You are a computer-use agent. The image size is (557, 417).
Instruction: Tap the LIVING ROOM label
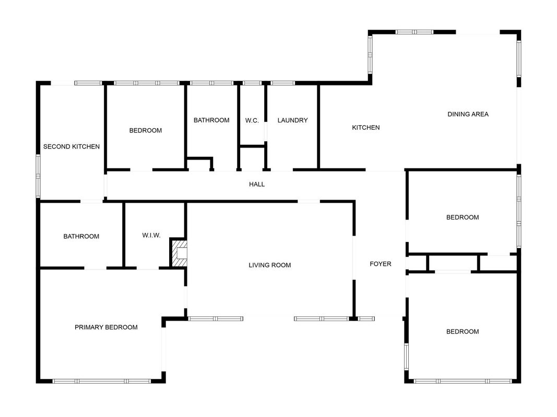(x=269, y=265)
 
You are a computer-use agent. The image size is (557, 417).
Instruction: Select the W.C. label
(x=252, y=120)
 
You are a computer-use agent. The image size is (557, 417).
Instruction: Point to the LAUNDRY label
(x=292, y=120)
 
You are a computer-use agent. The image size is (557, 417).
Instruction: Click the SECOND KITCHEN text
(x=72, y=146)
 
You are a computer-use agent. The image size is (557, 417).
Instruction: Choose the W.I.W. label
(x=151, y=235)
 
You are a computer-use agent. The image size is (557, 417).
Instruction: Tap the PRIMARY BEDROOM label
(x=106, y=327)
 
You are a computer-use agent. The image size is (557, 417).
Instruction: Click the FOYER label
(x=381, y=264)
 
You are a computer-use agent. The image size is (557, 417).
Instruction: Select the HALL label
(x=257, y=184)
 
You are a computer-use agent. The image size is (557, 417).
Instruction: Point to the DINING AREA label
(x=468, y=114)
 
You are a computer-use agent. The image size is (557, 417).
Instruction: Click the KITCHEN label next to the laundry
(x=366, y=127)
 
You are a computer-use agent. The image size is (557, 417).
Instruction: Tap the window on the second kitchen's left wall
(x=38, y=176)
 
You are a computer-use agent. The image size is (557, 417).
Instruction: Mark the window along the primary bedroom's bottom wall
(x=102, y=381)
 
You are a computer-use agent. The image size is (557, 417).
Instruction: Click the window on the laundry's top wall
(x=283, y=83)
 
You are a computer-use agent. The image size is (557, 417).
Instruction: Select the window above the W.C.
(x=252, y=83)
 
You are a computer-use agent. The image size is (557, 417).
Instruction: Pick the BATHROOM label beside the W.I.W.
(x=81, y=237)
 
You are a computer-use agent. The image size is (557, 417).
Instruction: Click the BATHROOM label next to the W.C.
(x=211, y=120)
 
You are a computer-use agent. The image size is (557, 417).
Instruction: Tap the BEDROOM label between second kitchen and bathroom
(x=145, y=130)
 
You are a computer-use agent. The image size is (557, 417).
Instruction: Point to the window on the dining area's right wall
(x=519, y=58)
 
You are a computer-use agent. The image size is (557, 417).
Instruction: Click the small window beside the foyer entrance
(x=366, y=318)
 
